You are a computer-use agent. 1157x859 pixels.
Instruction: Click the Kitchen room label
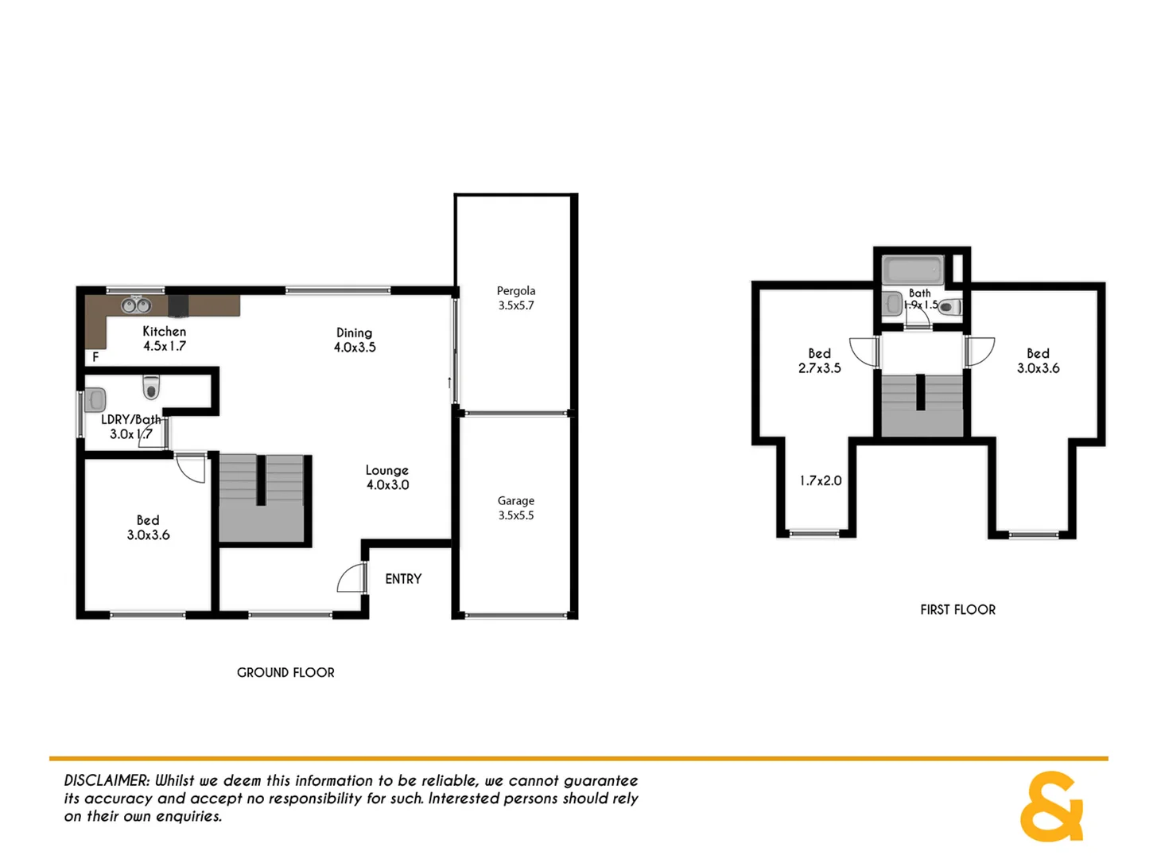click(x=164, y=332)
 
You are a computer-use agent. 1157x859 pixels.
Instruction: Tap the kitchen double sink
click(x=136, y=305)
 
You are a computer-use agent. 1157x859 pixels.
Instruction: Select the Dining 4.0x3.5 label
click(x=355, y=340)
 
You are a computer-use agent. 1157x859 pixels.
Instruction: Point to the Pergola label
click(x=516, y=291)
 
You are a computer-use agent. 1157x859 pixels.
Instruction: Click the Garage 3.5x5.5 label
click(x=516, y=507)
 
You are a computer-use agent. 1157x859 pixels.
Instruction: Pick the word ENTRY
click(x=403, y=579)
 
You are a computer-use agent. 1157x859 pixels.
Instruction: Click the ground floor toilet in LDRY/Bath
click(x=151, y=387)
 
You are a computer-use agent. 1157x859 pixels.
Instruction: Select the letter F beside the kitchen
click(x=95, y=357)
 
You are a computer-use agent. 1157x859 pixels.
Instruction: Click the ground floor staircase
click(x=262, y=499)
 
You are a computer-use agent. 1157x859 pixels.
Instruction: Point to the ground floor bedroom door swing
click(x=192, y=468)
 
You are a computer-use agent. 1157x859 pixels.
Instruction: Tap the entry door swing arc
click(x=351, y=578)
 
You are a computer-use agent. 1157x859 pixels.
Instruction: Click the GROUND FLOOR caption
click(x=285, y=673)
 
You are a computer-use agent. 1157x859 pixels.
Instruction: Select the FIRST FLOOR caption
click(x=957, y=610)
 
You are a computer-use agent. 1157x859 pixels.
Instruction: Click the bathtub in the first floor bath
click(x=913, y=269)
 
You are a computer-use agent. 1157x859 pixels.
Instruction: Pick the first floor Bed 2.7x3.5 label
click(x=820, y=360)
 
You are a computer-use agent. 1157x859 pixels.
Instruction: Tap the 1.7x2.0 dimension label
click(x=821, y=480)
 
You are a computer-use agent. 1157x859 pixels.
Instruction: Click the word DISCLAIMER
click(x=107, y=781)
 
